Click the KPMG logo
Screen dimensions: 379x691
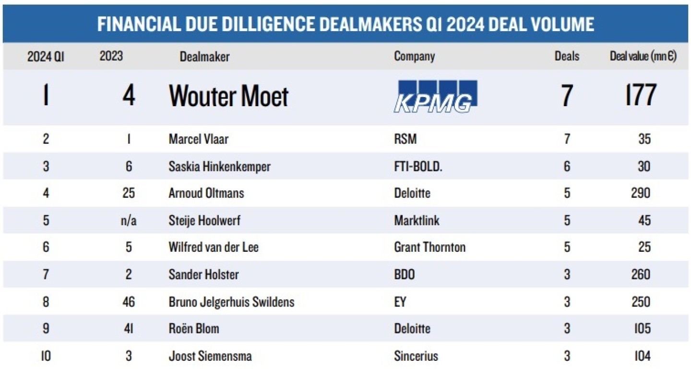tap(435, 97)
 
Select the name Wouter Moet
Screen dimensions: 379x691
tap(228, 97)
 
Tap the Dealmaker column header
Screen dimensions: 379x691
tap(204, 57)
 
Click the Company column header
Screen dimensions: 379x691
tap(414, 56)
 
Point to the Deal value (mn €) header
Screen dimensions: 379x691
tap(643, 56)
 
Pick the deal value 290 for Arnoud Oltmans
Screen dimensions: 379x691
tap(641, 193)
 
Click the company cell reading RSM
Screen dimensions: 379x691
tap(405, 139)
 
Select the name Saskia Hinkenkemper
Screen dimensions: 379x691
tap(219, 167)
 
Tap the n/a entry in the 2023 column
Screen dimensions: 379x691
tap(128, 220)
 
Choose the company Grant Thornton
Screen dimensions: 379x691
tap(429, 247)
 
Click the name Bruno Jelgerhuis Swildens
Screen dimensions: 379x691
tap(231, 302)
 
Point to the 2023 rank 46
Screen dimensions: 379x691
tap(128, 302)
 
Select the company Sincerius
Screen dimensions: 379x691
tap(416, 356)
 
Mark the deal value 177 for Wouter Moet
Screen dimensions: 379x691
tap(640, 96)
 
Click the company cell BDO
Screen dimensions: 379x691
tap(404, 275)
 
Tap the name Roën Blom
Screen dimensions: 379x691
tap(194, 329)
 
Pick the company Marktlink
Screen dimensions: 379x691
tap(417, 220)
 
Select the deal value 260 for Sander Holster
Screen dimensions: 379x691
tap(641, 275)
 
